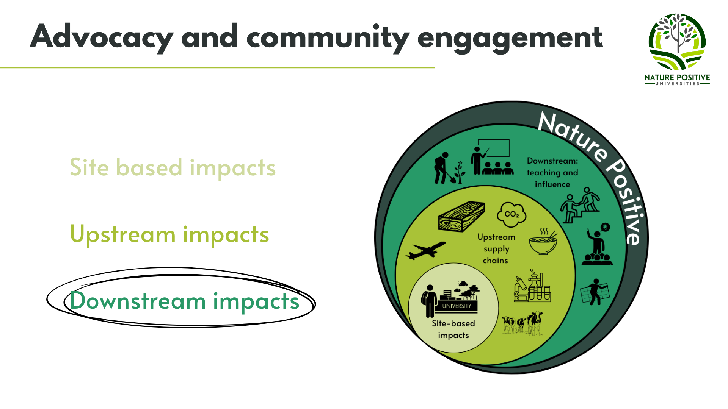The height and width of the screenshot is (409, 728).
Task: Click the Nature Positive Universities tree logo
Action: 677,42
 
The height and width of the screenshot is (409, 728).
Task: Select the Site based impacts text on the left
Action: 173,167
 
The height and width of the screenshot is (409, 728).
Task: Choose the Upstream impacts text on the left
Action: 169,234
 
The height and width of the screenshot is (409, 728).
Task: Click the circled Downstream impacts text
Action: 185,301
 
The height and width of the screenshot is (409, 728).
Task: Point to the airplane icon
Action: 426,250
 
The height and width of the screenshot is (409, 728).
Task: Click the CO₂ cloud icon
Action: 511,214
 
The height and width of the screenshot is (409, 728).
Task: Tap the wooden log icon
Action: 461,216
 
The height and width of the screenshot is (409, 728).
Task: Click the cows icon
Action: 522,323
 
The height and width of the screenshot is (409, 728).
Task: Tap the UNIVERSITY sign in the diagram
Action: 457,306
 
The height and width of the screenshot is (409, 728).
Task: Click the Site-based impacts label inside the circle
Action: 453,329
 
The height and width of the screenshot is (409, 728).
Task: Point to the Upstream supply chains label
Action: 496,248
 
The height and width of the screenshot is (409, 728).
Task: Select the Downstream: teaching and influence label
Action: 552,172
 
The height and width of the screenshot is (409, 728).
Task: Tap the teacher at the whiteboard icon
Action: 492,157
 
